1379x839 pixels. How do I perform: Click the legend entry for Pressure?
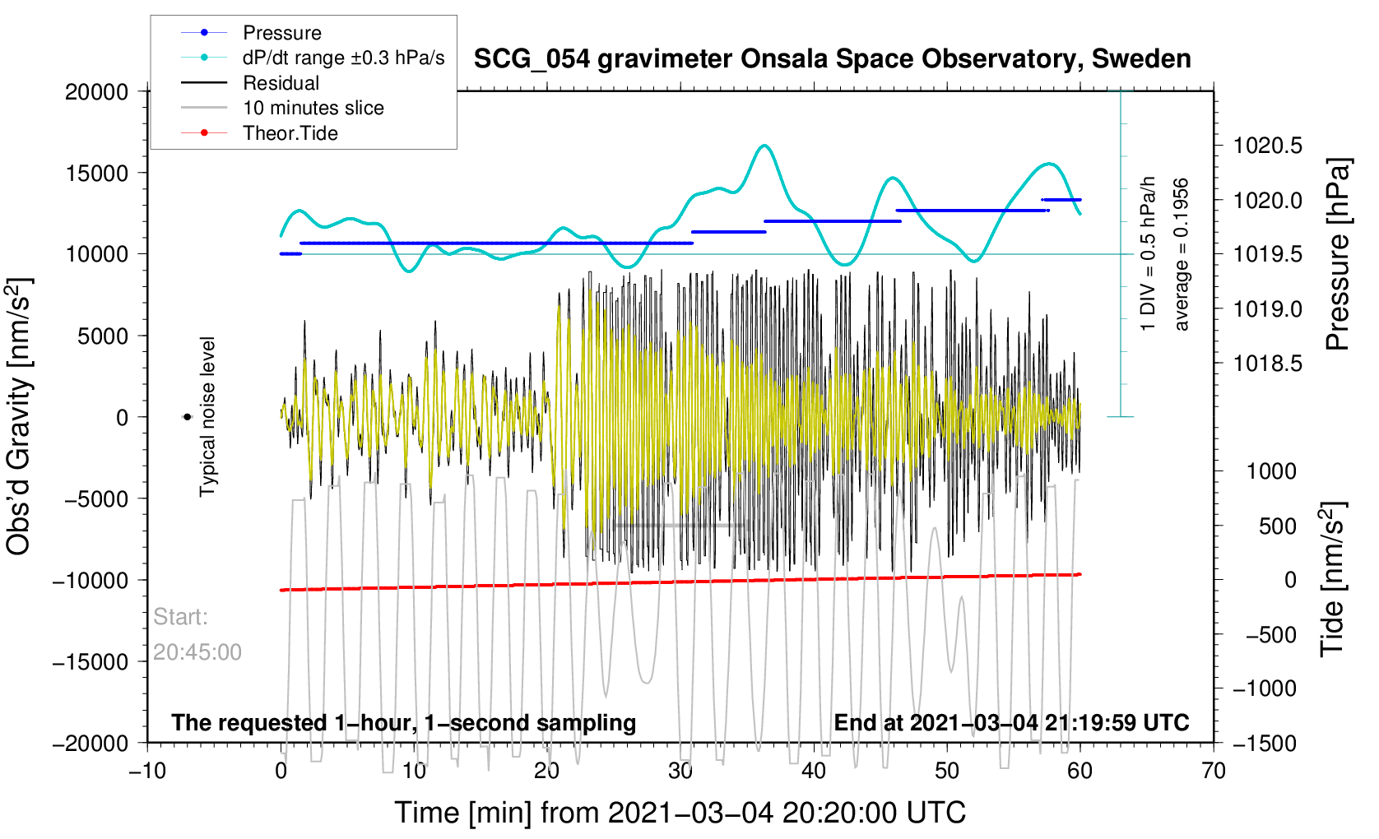tap(281, 33)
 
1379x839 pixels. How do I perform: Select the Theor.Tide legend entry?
tap(290, 133)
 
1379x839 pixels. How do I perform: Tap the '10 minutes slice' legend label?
tap(313, 108)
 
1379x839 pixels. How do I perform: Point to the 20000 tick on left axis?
tap(97, 92)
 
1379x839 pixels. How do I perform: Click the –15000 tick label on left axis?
tap(91, 662)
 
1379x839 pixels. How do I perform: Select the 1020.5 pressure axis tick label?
tap(1267, 146)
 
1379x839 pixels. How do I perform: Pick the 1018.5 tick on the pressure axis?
tap(1267, 364)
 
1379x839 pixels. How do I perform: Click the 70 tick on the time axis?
tap(1214, 771)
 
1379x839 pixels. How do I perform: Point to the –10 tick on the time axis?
tap(147, 771)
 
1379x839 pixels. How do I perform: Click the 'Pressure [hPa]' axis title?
tap(1337, 255)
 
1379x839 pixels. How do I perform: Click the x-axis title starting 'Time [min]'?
tap(680, 813)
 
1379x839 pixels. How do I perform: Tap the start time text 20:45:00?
tap(197, 652)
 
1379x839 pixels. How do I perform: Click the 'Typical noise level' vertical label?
tap(207, 416)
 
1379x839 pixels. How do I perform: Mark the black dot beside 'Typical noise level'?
tap(188, 418)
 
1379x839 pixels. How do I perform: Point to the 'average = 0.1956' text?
tap(1182, 255)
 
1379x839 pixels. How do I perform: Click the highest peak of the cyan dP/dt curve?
tap(765, 146)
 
